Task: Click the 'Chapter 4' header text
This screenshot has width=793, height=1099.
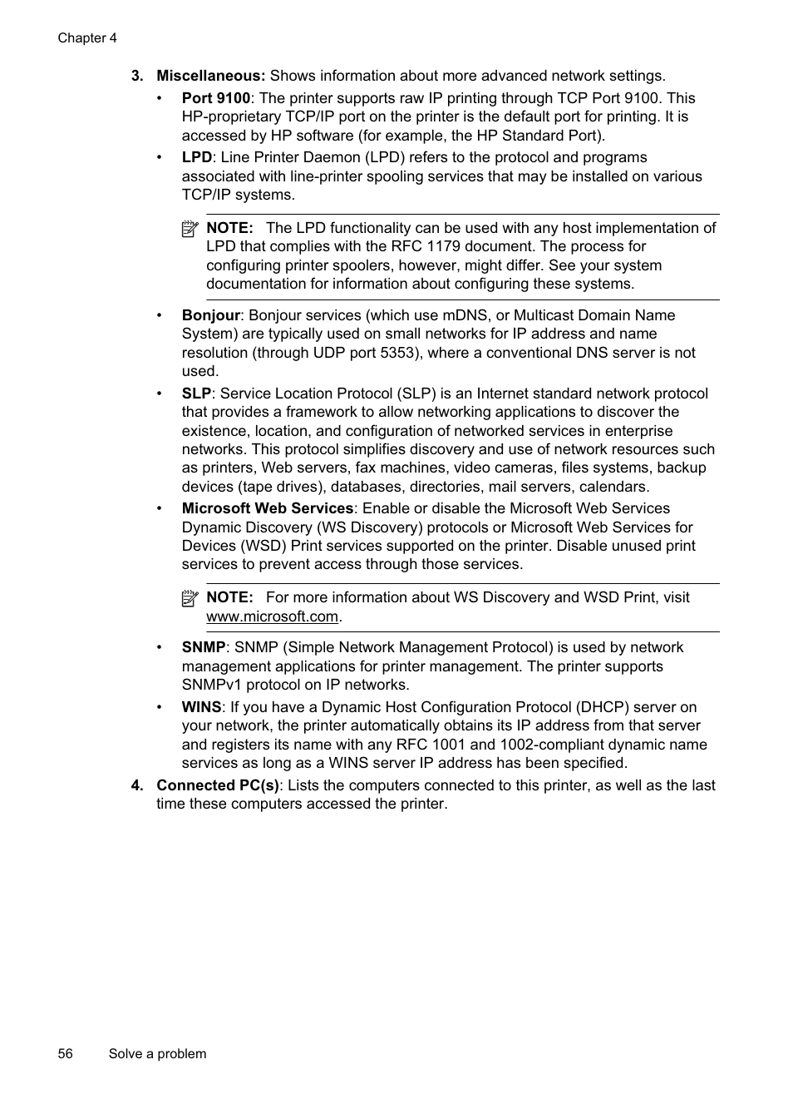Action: coord(87,38)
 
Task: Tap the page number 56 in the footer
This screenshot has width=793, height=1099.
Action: coord(66,1053)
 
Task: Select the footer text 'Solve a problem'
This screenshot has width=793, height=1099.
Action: coord(157,1053)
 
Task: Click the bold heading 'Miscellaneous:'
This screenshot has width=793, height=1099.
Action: coord(210,76)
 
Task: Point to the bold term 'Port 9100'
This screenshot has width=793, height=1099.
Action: coord(215,98)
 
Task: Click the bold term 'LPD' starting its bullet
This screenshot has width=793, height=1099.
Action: coord(196,157)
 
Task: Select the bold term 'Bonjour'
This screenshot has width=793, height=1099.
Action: coord(210,315)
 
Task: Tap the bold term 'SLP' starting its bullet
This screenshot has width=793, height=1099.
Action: coord(196,394)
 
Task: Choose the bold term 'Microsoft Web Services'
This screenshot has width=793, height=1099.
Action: coord(268,508)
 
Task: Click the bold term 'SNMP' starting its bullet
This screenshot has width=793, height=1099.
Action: coord(204,647)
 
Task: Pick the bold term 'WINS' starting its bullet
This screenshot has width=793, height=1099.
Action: coord(201,707)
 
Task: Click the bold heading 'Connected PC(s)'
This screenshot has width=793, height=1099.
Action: coord(218,785)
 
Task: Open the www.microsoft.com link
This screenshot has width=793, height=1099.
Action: coord(273,616)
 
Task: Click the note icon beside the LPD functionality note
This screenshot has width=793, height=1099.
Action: coord(190,229)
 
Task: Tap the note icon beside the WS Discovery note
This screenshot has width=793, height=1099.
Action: coord(190,598)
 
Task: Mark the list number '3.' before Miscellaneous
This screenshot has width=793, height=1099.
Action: coord(137,76)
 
